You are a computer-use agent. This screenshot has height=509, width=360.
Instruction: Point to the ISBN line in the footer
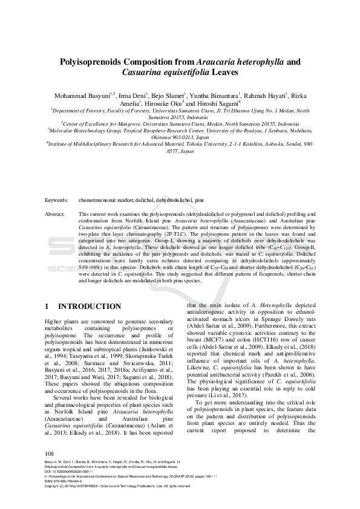point(67,481)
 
